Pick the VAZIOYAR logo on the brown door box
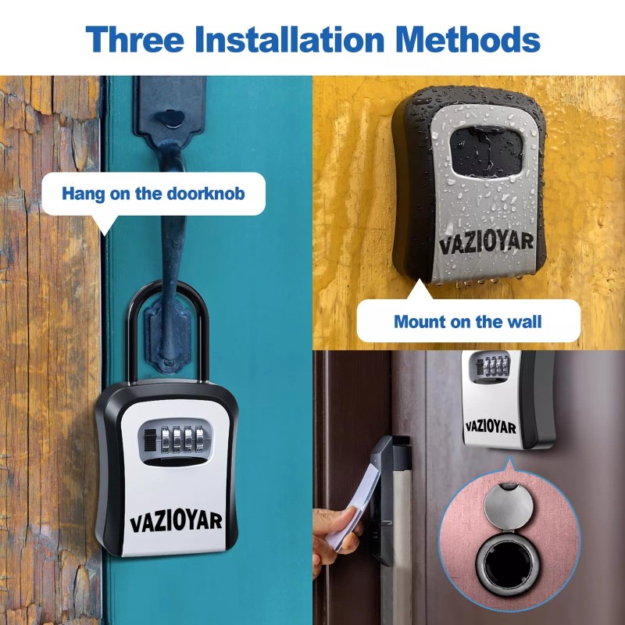[x=491, y=427]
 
